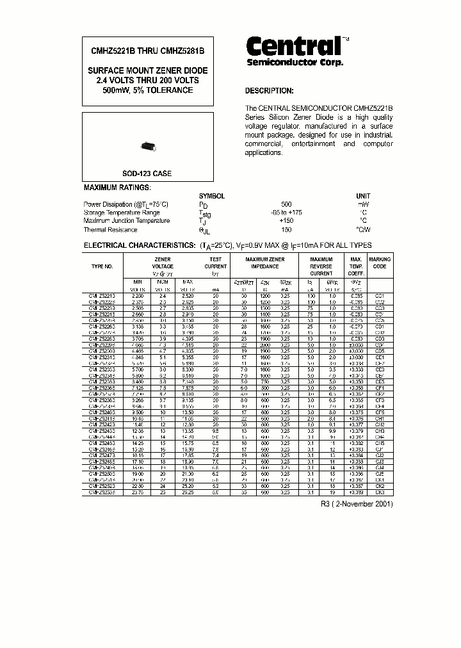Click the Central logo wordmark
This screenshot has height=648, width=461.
click(x=294, y=46)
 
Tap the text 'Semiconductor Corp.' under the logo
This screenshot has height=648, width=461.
click(x=295, y=63)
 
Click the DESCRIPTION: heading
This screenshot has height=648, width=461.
click(x=270, y=91)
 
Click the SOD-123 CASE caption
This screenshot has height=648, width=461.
click(x=147, y=174)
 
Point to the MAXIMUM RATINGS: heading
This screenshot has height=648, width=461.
click(x=117, y=188)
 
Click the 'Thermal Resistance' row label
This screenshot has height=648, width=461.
click(x=110, y=230)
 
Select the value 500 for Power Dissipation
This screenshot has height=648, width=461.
click(x=286, y=204)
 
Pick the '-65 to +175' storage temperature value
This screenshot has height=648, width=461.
click(x=286, y=213)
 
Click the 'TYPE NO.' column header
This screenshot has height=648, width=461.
click(x=102, y=266)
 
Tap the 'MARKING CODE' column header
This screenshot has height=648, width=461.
click(x=380, y=263)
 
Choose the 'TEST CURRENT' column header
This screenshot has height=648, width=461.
click(x=215, y=263)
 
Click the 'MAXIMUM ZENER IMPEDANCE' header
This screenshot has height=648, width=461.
click(x=265, y=263)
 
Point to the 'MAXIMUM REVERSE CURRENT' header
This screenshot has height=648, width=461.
click(x=321, y=266)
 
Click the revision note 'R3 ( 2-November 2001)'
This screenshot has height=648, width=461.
click(x=357, y=505)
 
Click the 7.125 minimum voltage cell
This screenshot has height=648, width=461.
click(x=137, y=387)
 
